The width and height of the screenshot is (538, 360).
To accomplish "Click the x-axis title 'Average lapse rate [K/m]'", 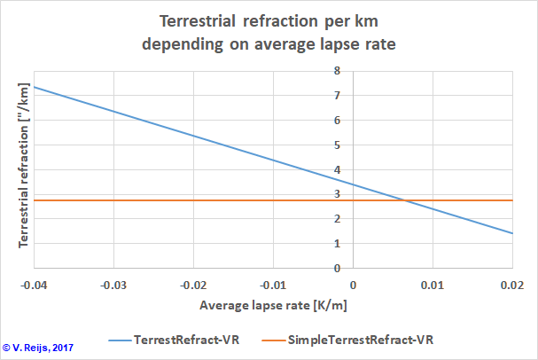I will pyautogui.click(x=272, y=307).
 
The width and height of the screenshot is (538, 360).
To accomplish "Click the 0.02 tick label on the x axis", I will pyautogui.click(x=513, y=285).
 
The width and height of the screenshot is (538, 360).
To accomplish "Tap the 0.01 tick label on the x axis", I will pyautogui.click(x=433, y=285).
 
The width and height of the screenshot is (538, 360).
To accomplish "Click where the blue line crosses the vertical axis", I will pyautogui.click(x=353, y=184).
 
